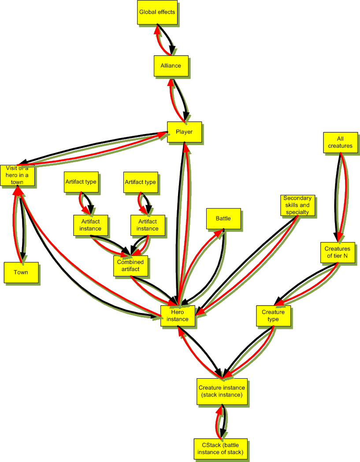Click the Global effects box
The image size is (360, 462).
click(157, 12)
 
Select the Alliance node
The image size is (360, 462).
click(171, 66)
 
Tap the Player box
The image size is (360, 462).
click(184, 132)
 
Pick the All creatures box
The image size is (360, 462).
click(340, 142)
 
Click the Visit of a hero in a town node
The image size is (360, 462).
click(17, 175)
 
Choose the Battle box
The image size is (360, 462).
click(223, 218)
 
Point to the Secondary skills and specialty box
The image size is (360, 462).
click(297, 205)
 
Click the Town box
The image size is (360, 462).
click(21, 272)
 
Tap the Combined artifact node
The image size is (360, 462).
click(130, 265)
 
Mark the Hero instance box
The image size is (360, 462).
click(178, 316)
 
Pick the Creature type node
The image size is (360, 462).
click(273, 316)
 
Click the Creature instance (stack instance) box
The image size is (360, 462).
click(222, 391)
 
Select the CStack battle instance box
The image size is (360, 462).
click(220, 449)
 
